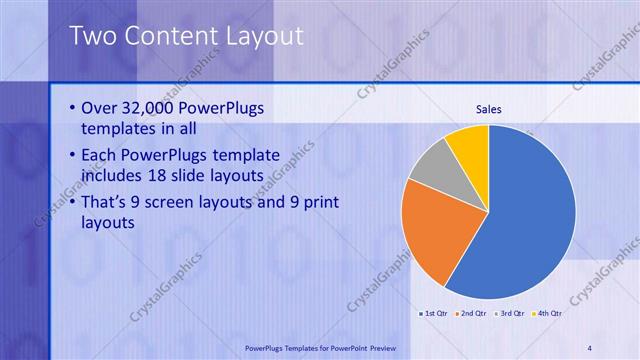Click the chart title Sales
tap(488, 109)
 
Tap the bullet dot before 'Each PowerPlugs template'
tap(72, 154)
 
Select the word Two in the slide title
tap(91, 36)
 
